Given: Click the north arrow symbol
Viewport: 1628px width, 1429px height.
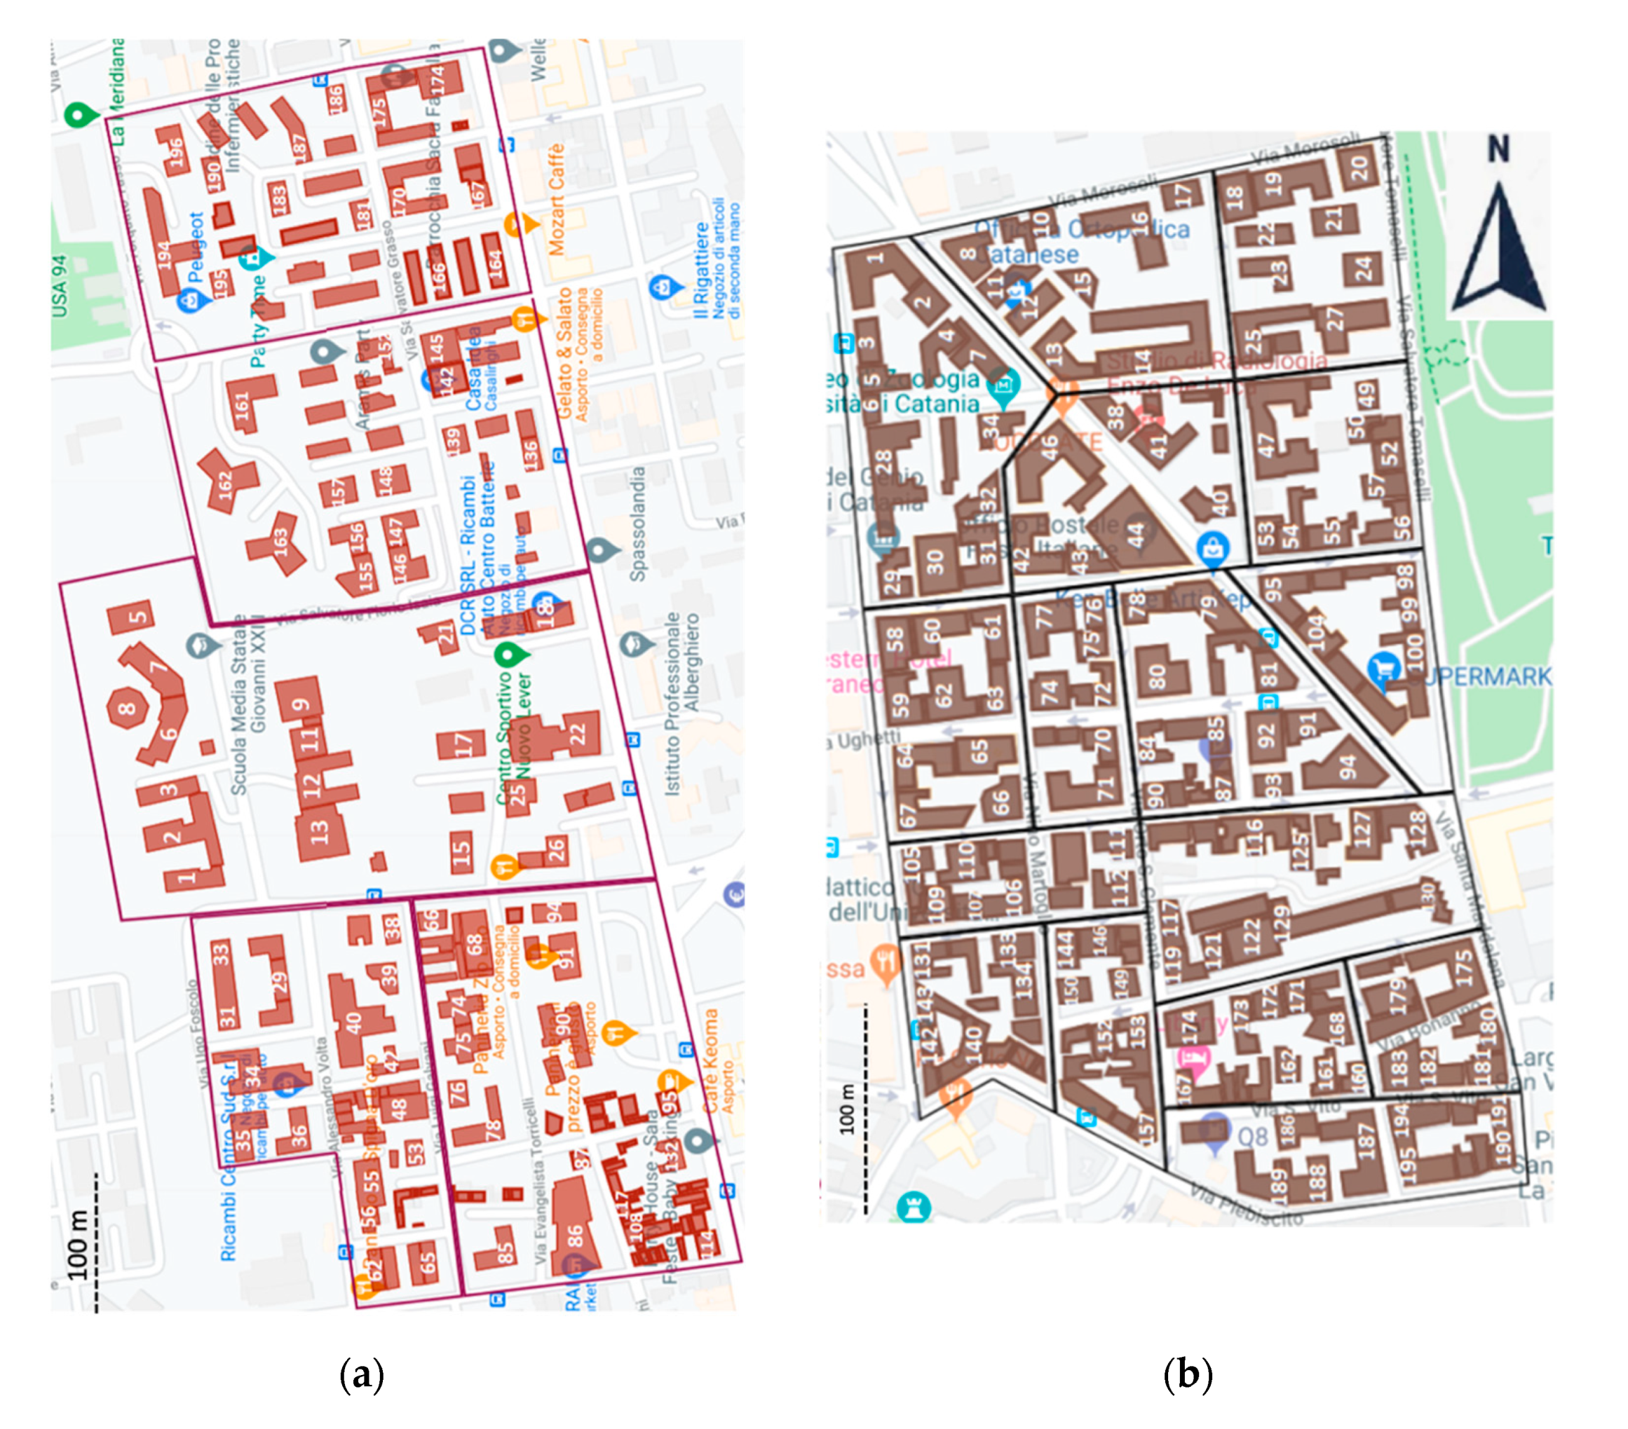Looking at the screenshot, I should pos(1498,251).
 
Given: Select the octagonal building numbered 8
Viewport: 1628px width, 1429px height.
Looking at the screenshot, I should pos(128,707).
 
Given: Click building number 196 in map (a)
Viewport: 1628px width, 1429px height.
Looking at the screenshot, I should pos(172,151).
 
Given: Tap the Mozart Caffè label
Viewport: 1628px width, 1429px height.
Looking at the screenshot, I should pos(555,199).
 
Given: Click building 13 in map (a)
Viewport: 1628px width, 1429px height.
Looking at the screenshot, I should pos(320,831).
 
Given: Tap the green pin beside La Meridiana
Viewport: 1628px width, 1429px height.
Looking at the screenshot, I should pos(77,115).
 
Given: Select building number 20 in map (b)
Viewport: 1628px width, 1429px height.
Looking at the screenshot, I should pos(1359,167).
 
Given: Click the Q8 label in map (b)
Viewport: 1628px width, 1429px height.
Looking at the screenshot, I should pos(1253,1137).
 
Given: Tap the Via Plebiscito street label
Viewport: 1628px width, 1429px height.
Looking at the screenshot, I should pos(1247,1205).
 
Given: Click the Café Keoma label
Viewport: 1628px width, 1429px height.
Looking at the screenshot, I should pos(710,1061).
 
